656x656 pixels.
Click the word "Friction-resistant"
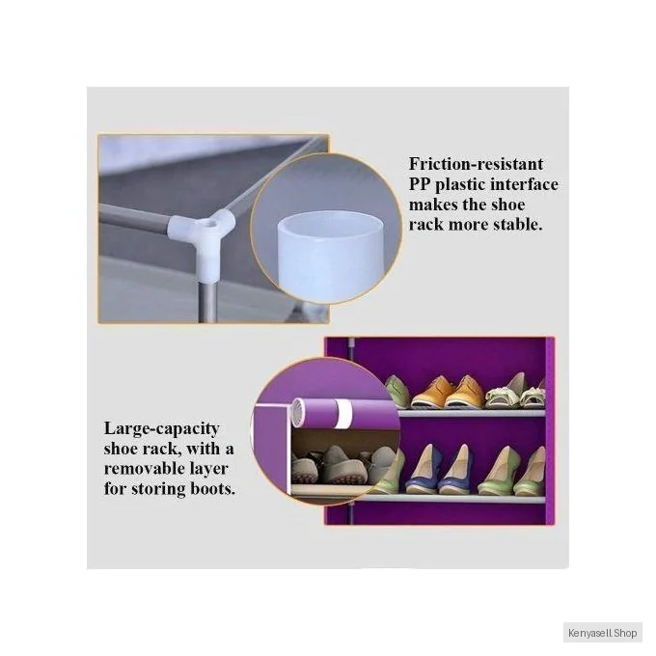[x=476, y=164]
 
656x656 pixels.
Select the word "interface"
[x=524, y=184]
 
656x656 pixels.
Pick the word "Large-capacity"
[x=161, y=429]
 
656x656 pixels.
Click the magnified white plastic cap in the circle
[x=330, y=256]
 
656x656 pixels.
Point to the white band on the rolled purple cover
[x=344, y=413]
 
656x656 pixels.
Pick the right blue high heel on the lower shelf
[x=455, y=470]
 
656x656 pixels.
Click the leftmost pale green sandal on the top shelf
[x=396, y=392]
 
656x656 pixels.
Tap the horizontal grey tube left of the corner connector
[x=134, y=215]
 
